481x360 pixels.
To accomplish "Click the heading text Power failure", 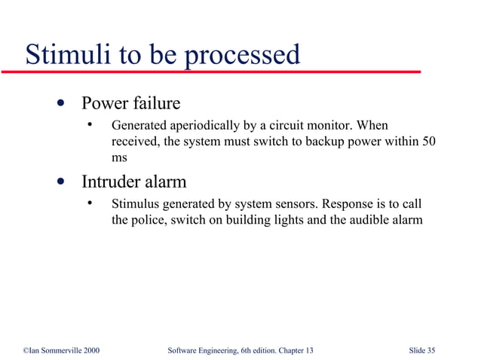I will coord(130,102).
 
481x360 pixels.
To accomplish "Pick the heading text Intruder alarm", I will coord(133,182).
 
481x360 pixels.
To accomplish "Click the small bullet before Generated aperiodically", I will coord(90,124).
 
